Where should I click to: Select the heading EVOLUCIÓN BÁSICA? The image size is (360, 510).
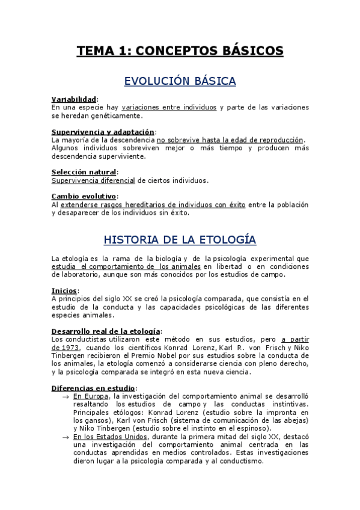[x=180, y=81]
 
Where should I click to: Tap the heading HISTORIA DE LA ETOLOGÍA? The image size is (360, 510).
[x=180, y=240]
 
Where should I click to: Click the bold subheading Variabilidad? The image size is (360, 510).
[x=74, y=99]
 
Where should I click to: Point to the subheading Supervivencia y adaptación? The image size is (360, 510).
[x=103, y=132]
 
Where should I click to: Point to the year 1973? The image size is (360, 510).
[x=67, y=347]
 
